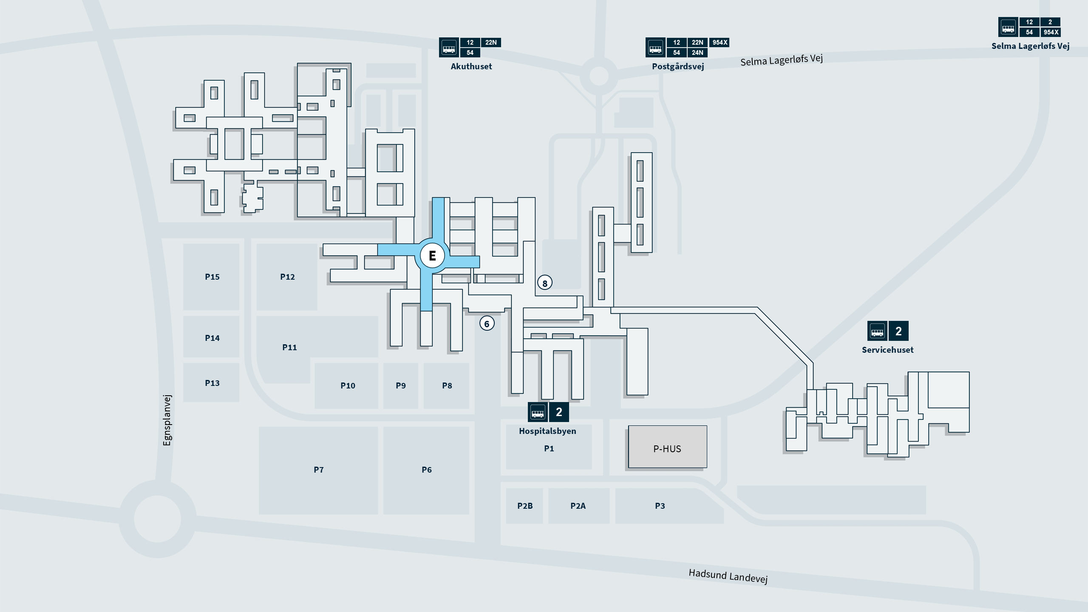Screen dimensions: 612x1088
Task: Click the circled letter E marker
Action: (432, 255)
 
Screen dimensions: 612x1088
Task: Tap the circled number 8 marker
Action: (545, 283)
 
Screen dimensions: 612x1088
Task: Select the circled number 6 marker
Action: (487, 324)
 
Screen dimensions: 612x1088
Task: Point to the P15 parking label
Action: (212, 277)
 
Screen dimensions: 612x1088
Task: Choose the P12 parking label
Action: (287, 277)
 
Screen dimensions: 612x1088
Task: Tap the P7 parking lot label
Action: (319, 470)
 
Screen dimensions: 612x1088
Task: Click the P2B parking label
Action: (525, 506)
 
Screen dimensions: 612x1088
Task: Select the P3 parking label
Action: (660, 506)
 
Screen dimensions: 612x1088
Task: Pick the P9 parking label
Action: (401, 386)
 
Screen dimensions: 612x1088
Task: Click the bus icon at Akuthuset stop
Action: (449, 47)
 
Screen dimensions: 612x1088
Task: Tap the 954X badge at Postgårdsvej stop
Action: (720, 42)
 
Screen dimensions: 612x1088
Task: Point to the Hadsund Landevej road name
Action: (728, 576)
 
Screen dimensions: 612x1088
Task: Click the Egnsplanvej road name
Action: (167, 420)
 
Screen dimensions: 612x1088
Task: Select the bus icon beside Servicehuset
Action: (877, 331)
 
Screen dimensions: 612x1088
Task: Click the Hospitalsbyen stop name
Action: (547, 431)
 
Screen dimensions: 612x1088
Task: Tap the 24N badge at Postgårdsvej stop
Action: (697, 53)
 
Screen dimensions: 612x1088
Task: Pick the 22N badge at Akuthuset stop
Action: (491, 42)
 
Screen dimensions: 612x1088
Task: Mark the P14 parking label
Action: (212, 338)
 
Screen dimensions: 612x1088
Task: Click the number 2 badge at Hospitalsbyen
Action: (559, 412)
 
